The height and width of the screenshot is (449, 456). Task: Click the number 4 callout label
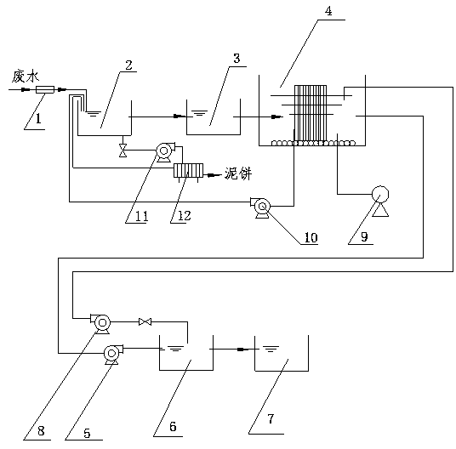tap(328, 11)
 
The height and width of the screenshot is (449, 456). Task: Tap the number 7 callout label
tap(271, 418)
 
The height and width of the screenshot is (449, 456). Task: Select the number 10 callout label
tap(311, 237)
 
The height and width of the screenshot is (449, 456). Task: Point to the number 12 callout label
tap(184, 216)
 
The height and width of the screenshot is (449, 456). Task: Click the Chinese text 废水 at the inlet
tap(26, 77)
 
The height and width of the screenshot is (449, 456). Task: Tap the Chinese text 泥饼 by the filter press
tap(238, 173)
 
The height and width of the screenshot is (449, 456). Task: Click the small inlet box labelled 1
tap(45, 89)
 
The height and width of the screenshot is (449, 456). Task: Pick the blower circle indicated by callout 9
tap(380, 195)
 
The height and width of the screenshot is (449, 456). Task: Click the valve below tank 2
tap(123, 151)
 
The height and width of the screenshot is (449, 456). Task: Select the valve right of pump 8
tap(145, 321)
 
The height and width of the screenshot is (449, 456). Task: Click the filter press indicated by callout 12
tap(188, 171)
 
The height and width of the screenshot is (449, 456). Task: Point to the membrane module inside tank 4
tap(311, 114)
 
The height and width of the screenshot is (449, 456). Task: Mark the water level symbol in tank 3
tap(199, 113)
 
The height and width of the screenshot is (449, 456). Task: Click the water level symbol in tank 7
tap(271, 349)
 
